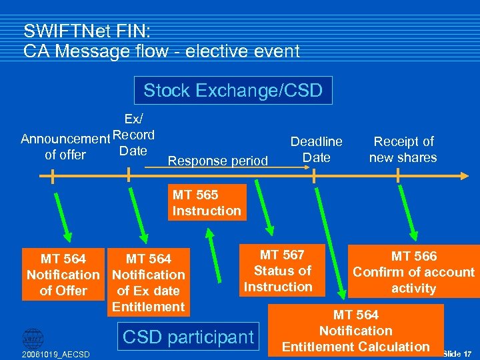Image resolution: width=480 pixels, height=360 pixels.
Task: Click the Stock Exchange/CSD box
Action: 233,90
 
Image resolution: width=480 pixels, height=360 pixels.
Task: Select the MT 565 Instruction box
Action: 206,203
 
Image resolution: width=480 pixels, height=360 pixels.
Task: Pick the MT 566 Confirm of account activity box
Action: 413,272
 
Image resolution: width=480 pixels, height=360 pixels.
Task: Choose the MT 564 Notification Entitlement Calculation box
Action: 356,331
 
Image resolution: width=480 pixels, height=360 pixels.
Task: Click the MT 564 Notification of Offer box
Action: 63,275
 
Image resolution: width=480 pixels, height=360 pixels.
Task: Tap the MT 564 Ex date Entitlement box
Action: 149,283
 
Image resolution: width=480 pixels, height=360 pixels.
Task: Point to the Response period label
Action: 218,161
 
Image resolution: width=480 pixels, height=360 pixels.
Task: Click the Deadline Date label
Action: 316,149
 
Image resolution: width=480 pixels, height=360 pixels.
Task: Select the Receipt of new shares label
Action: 403,149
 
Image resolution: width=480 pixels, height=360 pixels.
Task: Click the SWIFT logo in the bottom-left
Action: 33,337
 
